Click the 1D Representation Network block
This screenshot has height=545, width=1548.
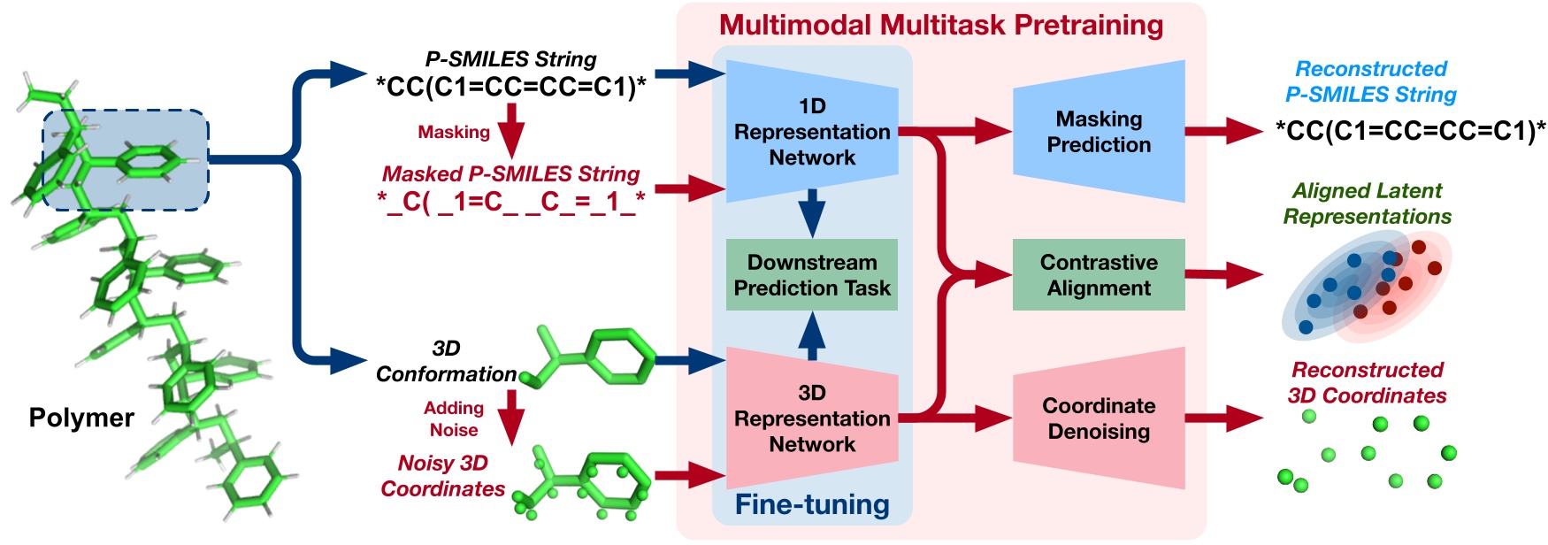[812, 132]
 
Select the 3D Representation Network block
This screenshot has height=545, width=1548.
[812, 418]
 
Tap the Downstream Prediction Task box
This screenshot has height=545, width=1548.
[812, 275]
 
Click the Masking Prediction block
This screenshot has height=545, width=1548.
[1099, 132]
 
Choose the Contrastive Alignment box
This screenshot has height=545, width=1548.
[1099, 275]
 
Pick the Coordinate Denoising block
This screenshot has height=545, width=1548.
[1099, 418]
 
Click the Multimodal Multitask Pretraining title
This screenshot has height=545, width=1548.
[941, 25]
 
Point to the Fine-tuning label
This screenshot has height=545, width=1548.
[812, 504]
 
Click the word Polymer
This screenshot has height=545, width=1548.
[81, 418]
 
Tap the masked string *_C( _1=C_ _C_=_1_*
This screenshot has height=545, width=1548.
[511, 202]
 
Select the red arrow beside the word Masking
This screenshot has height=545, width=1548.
[511, 131]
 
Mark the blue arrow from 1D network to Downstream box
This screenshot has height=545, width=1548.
[812, 213]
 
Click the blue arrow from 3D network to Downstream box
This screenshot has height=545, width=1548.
[812, 335]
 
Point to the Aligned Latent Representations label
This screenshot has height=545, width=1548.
[1368, 203]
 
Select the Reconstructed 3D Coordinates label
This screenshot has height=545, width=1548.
[1368, 382]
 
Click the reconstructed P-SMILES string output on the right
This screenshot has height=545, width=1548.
[1410, 131]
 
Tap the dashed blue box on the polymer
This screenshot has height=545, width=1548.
[126, 160]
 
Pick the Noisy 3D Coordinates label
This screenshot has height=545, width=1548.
[442, 475]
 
